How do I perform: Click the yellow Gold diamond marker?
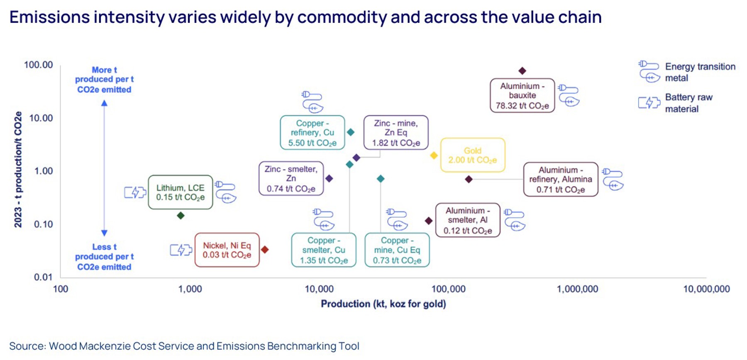pos(434,156)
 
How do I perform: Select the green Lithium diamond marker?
pos(181,216)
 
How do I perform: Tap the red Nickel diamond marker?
pos(265,250)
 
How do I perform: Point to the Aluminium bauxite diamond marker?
pos(522,71)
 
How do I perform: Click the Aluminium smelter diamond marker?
pos(429,221)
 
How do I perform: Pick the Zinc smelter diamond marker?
pos(329,178)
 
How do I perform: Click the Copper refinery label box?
pos(312,133)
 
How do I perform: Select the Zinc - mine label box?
pos(396,133)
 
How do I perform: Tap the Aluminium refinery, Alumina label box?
pos(560,180)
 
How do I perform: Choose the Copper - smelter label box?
pos(324,250)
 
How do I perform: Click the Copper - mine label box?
pos(397,250)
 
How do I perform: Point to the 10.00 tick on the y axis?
pos(41,118)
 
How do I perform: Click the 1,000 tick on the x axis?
pos(190,289)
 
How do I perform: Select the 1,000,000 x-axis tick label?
pos(577,289)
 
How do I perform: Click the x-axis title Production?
pos(383,304)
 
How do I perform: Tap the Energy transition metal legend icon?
pos(649,71)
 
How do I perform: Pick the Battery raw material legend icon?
pos(649,102)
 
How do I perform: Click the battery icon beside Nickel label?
pos(181,250)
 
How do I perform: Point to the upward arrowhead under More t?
pos(104,103)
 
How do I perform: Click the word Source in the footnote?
pos(27,346)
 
